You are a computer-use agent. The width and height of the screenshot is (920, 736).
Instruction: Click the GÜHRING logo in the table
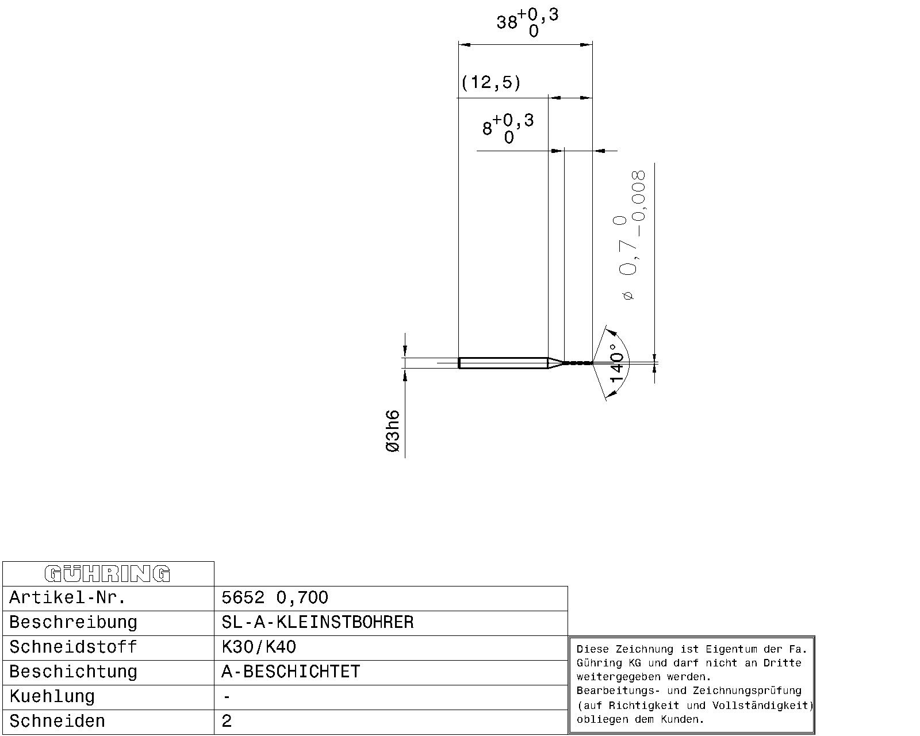coord(108,574)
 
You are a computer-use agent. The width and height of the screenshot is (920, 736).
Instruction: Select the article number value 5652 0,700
coord(275,597)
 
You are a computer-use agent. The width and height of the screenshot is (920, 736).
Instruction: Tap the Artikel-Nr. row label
coord(67,597)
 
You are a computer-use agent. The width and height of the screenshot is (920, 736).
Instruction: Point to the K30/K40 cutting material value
coord(259,647)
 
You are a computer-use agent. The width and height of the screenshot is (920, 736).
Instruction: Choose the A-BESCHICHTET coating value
coord(291,672)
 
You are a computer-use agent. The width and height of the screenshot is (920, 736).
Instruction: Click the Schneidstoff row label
coord(73,647)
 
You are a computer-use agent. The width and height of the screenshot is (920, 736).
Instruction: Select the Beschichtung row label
coord(73,672)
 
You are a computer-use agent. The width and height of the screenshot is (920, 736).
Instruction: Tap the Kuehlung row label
coord(52,697)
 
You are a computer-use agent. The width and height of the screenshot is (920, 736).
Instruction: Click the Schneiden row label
coord(57,721)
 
